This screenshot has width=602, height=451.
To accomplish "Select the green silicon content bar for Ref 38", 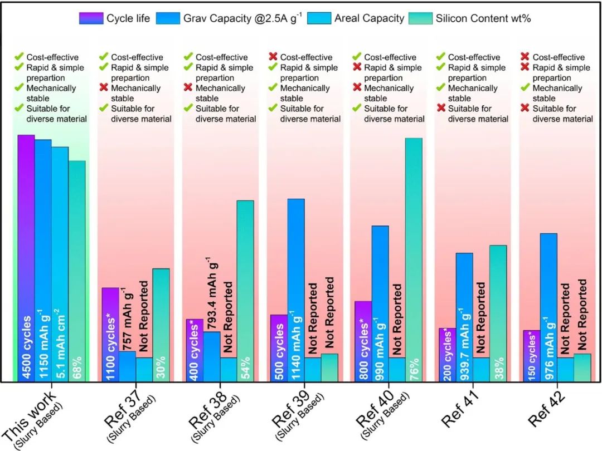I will coord(245,278).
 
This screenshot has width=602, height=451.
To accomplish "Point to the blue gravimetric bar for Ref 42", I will coord(548,290).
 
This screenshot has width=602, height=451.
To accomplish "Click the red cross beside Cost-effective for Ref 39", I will coord(273,57).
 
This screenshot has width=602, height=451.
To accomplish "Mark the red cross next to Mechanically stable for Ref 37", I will coord(104,88).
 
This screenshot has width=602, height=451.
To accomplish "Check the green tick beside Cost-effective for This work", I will coord(20,57).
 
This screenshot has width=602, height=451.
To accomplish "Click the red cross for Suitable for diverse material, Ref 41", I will coord(441,109).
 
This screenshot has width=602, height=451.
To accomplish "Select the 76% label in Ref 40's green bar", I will coord(414,367).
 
